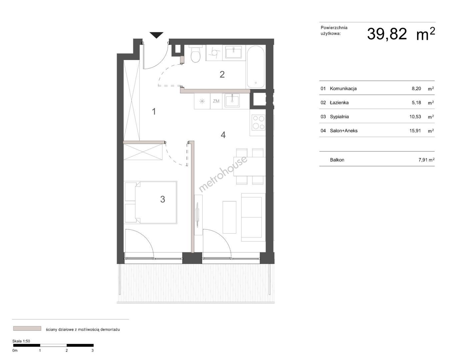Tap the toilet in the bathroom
(196, 54)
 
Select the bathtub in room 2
(256, 67)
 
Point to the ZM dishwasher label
(216, 101)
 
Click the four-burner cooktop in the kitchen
(259, 123)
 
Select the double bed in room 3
(151, 202)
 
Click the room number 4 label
(223, 135)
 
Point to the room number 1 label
(154, 111)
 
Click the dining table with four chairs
(250, 167)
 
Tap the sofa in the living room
(253, 217)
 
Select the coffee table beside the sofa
(229, 217)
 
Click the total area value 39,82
(387, 34)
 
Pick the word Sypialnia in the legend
(339, 117)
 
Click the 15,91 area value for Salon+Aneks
(415, 131)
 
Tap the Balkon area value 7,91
(423, 160)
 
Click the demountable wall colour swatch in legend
(27, 328)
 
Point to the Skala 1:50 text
(21, 341)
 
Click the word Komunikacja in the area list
(343, 88)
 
